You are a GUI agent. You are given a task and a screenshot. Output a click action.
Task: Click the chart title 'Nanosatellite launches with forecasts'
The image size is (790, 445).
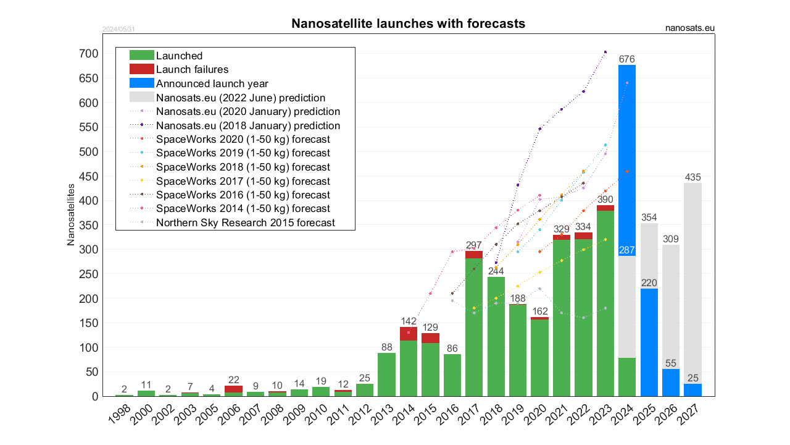408,23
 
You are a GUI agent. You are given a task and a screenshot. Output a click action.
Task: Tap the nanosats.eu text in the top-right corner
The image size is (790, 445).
690,28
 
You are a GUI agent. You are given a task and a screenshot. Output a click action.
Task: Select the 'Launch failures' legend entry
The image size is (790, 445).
192,69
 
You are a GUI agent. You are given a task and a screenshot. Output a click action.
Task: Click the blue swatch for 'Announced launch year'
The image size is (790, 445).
141,83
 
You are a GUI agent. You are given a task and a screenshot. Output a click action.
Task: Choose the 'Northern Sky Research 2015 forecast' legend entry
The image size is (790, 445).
245,222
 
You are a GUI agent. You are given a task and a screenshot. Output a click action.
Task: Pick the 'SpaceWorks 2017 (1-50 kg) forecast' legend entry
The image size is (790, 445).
243,181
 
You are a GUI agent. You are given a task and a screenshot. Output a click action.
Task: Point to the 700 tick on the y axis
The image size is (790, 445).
88,54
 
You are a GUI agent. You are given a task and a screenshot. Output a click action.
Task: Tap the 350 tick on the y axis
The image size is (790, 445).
88,225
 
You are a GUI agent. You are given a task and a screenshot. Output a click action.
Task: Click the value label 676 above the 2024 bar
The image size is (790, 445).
627,59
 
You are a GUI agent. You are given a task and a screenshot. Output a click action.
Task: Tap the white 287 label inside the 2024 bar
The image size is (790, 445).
627,250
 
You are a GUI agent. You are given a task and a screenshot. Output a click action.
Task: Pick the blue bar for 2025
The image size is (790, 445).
649,342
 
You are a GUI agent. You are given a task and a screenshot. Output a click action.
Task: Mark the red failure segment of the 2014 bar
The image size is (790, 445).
408,334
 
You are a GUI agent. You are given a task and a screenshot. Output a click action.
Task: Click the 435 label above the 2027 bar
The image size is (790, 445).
692,177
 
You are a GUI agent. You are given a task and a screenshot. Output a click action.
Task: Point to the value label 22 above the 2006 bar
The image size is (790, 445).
233,379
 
